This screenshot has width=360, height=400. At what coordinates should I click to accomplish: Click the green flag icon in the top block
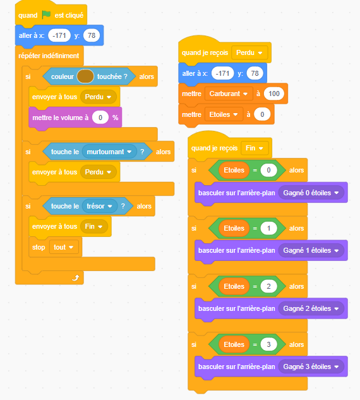pos(46,15)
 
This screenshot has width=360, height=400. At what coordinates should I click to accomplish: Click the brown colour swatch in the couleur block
pos(85,76)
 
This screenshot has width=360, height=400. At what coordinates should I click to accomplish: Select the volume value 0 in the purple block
pos(100,118)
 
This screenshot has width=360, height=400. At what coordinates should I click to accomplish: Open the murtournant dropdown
pos(109,152)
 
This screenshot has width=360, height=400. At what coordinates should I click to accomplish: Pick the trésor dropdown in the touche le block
pos(100,206)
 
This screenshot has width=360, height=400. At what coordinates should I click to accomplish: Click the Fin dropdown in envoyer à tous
pos(94,226)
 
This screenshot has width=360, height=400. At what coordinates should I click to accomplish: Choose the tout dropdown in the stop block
pos(64,247)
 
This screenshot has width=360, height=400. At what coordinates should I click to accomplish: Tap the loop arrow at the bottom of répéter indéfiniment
pos(76,277)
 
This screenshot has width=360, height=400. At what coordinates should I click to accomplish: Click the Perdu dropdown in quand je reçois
pos(249,53)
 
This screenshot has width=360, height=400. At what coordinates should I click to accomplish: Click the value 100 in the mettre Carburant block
pos(274,94)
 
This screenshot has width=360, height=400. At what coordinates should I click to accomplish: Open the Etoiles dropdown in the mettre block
pos(224,114)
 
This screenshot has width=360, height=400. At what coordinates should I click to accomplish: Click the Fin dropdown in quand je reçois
pos(255,148)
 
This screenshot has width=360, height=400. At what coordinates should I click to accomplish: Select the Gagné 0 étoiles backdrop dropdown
pos(311,193)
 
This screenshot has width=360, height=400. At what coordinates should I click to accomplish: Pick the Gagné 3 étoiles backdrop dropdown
pos(311,367)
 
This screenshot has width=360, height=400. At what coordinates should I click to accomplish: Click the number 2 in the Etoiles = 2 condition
pos(268,286)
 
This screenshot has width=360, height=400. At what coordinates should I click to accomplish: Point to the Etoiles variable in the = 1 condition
pos(234,228)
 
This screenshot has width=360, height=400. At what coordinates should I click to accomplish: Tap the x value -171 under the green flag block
pos(59,35)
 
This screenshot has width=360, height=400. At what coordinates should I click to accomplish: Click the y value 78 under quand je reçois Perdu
pos(255,73)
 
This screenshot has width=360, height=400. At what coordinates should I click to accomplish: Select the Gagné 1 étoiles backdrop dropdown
pos(311,250)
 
